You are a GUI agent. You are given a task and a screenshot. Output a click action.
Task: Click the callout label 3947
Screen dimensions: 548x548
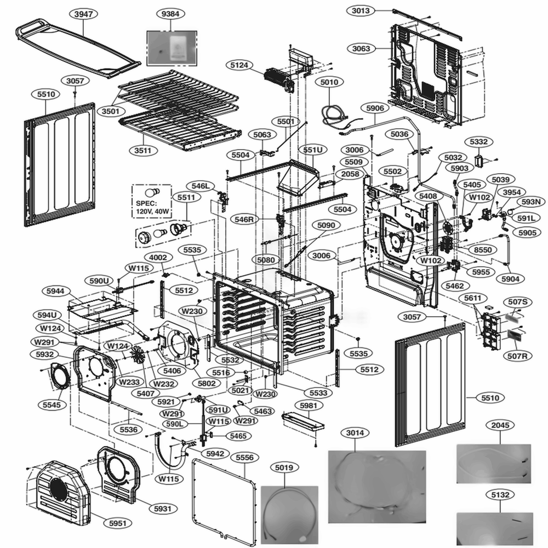83,14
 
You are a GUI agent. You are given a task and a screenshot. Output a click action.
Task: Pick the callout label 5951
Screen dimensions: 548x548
117,523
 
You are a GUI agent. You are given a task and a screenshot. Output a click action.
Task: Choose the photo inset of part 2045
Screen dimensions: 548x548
493,463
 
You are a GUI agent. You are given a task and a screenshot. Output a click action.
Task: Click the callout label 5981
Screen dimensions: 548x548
309,406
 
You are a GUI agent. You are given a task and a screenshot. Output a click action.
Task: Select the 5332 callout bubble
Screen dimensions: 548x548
478,141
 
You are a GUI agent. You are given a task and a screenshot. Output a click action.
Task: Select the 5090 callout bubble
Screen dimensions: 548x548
326,225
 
